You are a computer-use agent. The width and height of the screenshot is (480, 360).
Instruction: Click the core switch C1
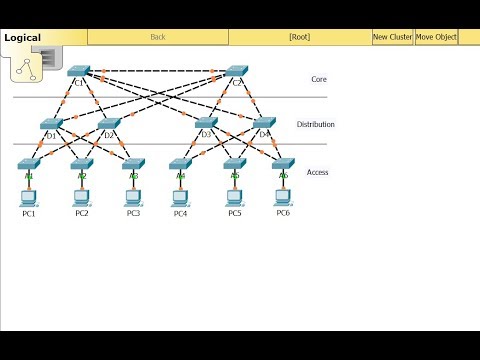click(x=79, y=72)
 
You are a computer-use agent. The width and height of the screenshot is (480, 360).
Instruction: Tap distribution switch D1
click(x=52, y=124)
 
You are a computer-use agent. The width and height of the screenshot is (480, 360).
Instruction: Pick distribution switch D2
click(x=109, y=124)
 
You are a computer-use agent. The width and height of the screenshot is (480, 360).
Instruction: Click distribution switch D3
click(x=206, y=124)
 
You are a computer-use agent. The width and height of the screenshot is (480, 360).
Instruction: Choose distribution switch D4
click(x=263, y=124)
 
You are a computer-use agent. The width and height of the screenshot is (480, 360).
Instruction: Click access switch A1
click(x=29, y=164)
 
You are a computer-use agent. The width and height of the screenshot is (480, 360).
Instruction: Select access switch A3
click(x=133, y=164)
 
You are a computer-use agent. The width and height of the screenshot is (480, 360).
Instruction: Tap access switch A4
click(x=180, y=164)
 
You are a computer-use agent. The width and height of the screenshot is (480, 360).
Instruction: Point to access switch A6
click(x=283, y=164)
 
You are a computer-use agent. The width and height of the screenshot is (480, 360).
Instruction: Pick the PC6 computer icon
click(x=283, y=196)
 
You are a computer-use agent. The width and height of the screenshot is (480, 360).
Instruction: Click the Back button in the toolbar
click(x=158, y=37)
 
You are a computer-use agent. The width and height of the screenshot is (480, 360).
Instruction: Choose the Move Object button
click(x=436, y=37)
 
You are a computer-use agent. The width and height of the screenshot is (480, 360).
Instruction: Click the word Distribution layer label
click(x=316, y=125)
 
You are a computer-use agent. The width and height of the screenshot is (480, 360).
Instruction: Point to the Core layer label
click(x=318, y=78)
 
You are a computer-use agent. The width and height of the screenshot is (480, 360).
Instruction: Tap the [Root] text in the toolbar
click(x=299, y=37)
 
